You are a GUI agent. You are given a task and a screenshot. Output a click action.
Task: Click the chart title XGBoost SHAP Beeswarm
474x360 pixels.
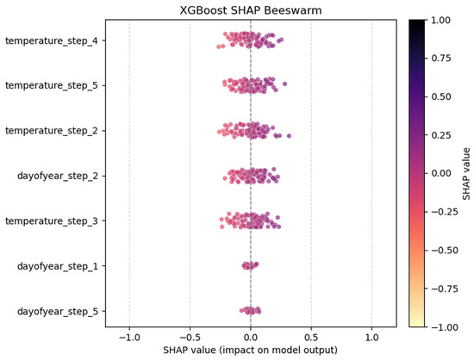pos(250,9)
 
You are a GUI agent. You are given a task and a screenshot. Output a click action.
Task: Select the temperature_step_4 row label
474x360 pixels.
pos(51,40)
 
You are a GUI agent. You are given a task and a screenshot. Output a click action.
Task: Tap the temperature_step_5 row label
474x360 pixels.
pos(51,85)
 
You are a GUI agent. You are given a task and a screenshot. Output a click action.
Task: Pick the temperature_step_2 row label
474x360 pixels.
pos(51,130)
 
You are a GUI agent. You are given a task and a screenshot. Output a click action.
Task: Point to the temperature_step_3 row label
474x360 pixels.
pos(51,220)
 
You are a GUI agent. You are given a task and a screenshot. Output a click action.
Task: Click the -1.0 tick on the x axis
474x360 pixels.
pos(128,337)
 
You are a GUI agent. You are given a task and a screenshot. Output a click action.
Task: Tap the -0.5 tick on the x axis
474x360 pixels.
pos(188,337)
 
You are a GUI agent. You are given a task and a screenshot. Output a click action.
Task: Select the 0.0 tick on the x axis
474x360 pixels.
pos(250,337)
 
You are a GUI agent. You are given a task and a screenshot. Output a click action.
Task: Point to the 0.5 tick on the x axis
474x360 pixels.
pos(311,337)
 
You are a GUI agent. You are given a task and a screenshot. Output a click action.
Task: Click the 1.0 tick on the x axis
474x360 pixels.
pos(371,337)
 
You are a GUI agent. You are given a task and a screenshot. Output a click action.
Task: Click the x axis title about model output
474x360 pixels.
pos(250,351)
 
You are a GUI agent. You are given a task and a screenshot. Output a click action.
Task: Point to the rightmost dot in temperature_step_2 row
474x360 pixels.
pos(289,136)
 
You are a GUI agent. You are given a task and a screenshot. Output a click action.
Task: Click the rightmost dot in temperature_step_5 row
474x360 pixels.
pos(285,84)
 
